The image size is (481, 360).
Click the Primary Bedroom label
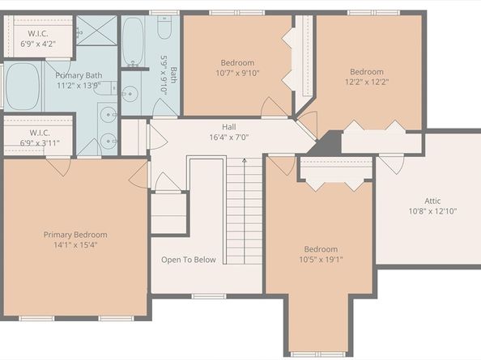click(x=75, y=235)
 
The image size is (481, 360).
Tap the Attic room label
click(x=432, y=201)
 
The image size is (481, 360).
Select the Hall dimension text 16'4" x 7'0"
click(x=229, y=137)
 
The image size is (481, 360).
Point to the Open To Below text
click(x=189, y=260)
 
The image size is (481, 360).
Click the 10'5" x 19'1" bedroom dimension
click(x=321, y=260)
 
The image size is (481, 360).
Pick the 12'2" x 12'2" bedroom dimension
click(x=367, y=82)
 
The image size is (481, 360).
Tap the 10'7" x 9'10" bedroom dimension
click(x=237, y=73)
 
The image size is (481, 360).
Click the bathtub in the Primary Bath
click(x=23, y=86)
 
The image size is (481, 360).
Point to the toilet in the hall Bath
click(x=164, y=27)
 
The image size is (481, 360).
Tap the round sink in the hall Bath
click(x=130, y=94)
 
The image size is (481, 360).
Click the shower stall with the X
click(x=96, y=31)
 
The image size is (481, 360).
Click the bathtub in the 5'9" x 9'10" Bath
click(x=133, y=41)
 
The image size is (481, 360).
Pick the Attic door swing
click(x=391, y=165)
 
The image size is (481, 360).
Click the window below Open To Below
click(x=209, y=296)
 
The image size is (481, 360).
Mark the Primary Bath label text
click(x=79, y=75)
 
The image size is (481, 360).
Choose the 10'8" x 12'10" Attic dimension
click(x=432, y=211)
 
